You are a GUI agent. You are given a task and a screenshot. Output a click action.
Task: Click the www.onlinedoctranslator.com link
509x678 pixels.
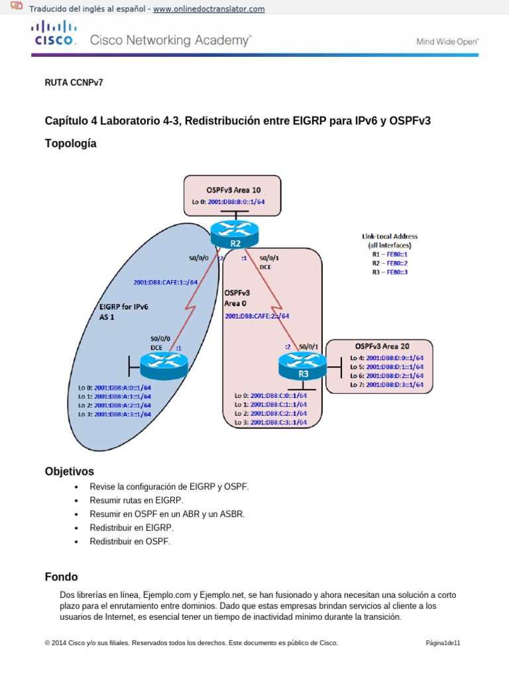pos(209,9)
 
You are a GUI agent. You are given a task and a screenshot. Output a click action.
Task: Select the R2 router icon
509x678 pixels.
pos(235,231)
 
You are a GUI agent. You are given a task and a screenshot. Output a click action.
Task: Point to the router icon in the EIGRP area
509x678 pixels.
pos(164,362)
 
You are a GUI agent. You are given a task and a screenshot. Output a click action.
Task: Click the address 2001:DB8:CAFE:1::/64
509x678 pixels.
pos(166,282)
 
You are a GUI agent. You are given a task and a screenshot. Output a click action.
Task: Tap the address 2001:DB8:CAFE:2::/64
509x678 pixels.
pos(257,316)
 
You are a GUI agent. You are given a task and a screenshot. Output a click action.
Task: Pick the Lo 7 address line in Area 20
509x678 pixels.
pos(386,384)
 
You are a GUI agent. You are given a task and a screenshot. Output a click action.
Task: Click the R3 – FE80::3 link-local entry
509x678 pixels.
pos(390,271)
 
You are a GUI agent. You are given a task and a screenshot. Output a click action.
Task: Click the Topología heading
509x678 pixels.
pos(70,143)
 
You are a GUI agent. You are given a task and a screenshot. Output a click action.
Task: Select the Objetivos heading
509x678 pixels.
pos(69,471)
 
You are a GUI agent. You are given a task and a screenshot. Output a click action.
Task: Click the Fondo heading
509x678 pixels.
pos(61,577)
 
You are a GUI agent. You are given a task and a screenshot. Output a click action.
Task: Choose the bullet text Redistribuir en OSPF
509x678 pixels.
pos(130,541)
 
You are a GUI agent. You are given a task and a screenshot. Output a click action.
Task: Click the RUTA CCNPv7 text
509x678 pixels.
pos(74,83)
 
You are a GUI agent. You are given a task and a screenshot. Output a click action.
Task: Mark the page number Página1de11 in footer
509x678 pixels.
pos(443,643)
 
